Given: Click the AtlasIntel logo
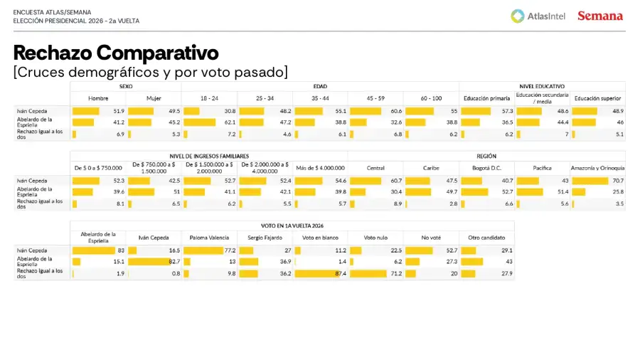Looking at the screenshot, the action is point(538,16).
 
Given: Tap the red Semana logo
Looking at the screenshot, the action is point(600,16).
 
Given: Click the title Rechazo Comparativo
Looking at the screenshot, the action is point(116,53).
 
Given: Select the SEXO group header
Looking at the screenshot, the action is point(126,86).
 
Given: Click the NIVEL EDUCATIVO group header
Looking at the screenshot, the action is point(542,86).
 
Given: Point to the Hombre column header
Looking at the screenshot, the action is point(98,98).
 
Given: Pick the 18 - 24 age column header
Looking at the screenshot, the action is point(209,98).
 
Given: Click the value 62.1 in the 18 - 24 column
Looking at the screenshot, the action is point(230,122).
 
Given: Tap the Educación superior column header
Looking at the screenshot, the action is point(597,98).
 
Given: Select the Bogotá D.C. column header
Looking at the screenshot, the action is point(486,168).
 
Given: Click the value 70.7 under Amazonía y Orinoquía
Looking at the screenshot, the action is point(619,181).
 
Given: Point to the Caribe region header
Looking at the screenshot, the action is point(431,168).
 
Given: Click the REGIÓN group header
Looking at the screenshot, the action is point(486,156).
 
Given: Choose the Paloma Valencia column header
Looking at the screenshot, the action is point(209,238).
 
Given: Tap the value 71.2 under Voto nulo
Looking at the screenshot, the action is point(396,273).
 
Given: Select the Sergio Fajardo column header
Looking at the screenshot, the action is point(265,238).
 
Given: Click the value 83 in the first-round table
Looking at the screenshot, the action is point(121,250).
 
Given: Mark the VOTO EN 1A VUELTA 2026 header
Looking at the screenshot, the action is point(292,226).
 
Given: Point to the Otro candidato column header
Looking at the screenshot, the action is point(486,238).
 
